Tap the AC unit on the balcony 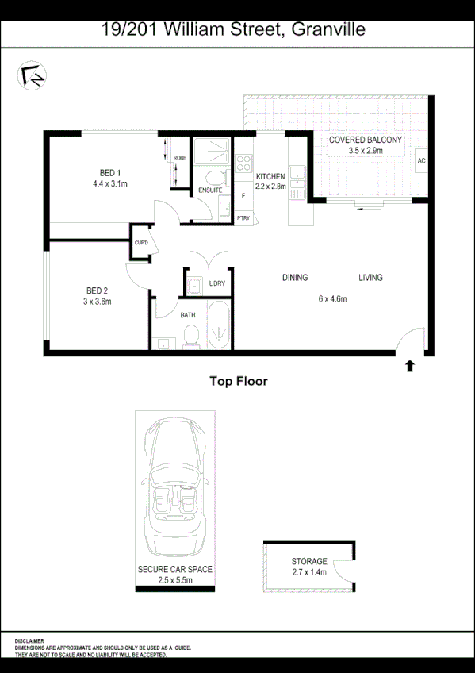pos(420,160)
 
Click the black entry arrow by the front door pos(410,366)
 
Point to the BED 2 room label pos(97,290)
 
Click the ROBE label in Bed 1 pos(180,159)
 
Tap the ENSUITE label pos(210,190)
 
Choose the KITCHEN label pos(270,176)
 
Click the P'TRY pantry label pos(243,218)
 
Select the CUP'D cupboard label pos(142,243)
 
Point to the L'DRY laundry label pos(217,283)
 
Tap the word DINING pos(295,278)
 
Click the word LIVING pos(370,278)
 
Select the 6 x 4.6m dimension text pos(333,299)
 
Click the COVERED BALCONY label pos(366,140)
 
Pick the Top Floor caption pos(238,382)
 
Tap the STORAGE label pos(308,562)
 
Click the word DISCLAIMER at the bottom pos(29,640)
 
